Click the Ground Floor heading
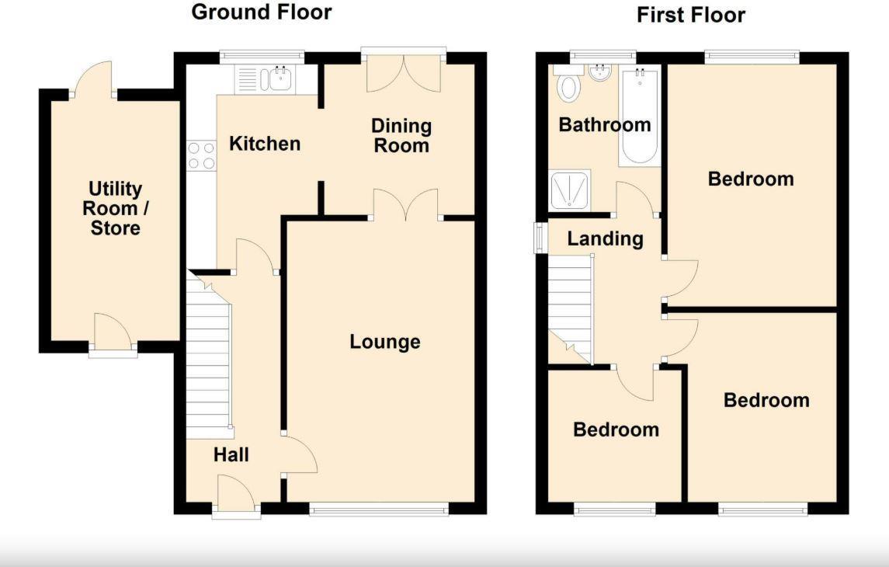coord(261,12)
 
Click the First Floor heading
coord(690,15)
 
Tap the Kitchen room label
coord(265,144)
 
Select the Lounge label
coord(384,342)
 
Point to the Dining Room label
coord(401,135)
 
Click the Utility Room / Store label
coord(116,208)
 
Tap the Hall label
coord(231,454)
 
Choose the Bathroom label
coord(605,124)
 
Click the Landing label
coord(605,238)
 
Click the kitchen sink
coord(277,78)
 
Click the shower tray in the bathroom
coord(570,190)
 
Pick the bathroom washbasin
coord(599,74)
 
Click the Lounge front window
coord(378,510)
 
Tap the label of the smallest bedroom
coord(616,430)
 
